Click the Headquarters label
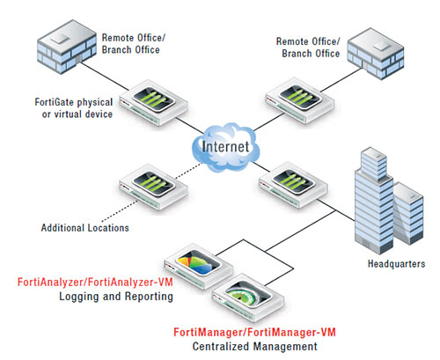pyautogui.click(x=393, y=263)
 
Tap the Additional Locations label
pyautogui.click(x=84, y=228)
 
